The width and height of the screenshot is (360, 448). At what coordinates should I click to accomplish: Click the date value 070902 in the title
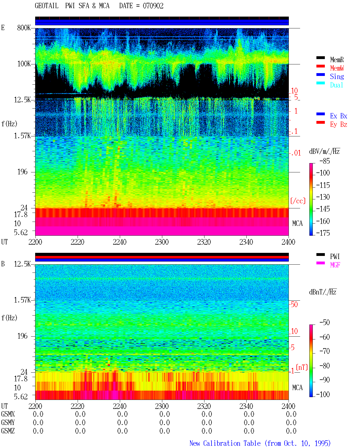[x=153, y=6]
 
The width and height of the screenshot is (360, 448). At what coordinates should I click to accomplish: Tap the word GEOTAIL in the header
[x=47, y=6]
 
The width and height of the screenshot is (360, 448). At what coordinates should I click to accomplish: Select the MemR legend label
[x=337, y=60]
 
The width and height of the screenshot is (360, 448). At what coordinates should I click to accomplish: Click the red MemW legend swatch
[x=320, y=66]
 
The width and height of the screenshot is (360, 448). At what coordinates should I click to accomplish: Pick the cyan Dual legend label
[x=337, y=85]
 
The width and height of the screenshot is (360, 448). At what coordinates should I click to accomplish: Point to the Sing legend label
[x=337, y=76]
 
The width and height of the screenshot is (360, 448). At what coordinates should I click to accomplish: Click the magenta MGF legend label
[x=335, y=265]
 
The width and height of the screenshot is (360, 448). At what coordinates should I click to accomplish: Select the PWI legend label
[x=335, y=256]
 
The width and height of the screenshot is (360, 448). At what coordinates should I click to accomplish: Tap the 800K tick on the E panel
[x=24, y=28]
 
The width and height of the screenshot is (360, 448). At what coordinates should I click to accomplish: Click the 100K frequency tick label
[x=24, y=64]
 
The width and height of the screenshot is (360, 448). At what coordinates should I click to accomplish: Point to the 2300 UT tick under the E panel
[x=162, y=242]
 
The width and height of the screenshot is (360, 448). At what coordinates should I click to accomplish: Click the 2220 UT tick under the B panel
[x=77, y=406]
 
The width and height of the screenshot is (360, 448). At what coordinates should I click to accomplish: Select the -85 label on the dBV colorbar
[x=325, y=161]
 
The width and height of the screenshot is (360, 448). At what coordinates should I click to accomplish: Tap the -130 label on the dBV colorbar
[x=323, y=197]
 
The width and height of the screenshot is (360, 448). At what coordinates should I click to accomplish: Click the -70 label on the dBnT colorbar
[x=325, y=351]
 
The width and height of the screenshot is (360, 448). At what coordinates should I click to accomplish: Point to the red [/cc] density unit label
[x=298, y=201]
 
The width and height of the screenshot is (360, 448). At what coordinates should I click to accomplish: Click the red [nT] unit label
[x=302, y=367]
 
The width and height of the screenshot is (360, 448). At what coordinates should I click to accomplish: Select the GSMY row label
[x=8, y=422]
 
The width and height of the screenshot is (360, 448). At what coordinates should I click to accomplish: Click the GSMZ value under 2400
[x=291, y=431]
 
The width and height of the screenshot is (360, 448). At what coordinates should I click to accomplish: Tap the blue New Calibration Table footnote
[x=260, y=443]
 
